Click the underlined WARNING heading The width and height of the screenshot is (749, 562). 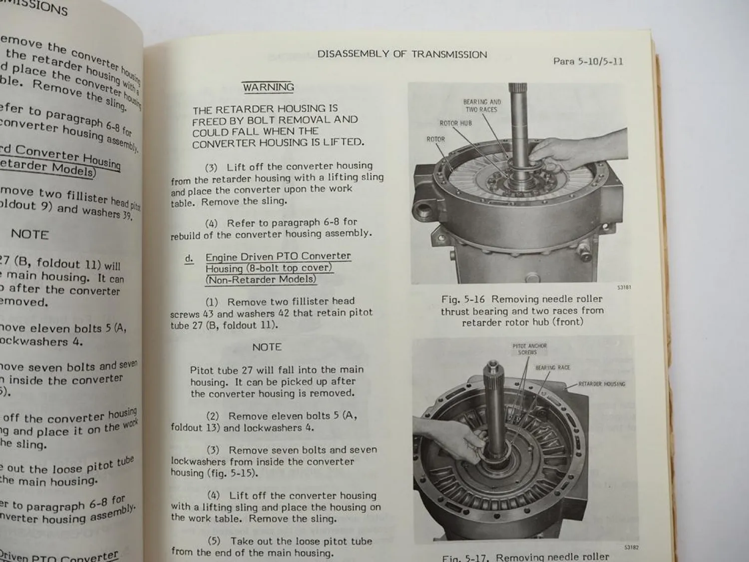[x=268, y=87]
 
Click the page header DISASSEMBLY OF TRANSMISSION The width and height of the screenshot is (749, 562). [x=402, y=54]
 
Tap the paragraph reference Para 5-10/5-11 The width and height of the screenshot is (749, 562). [x=588, y=61]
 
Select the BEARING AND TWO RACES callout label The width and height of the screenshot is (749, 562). [x=481, y=105]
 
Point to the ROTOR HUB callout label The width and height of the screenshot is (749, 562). [x=455, y=123]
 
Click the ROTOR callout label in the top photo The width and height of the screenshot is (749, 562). [x=435, y=139]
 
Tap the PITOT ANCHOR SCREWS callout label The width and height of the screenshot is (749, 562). [x=529, y=349]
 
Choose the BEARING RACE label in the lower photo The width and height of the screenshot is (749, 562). [x=552, y=368]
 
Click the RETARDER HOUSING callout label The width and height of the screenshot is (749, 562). [x=601, y=384]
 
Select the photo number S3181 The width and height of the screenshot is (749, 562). [x=624, y=288]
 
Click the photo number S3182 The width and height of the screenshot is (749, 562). [x=631, y=548]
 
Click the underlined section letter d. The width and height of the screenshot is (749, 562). [x=189, y=258]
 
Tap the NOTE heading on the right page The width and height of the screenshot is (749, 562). [x=267, y=347]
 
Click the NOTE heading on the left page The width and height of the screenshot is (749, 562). [x=30, y=234]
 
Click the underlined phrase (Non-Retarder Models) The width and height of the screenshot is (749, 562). [x=261, y=280]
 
